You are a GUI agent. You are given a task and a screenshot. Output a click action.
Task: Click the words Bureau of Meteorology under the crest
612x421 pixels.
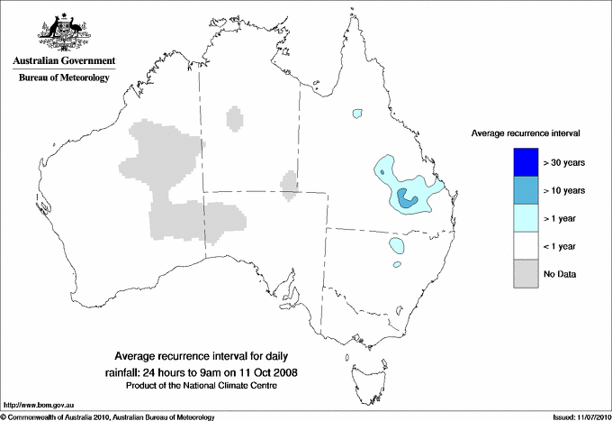64,78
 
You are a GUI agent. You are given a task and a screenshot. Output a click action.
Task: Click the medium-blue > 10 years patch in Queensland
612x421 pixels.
408,200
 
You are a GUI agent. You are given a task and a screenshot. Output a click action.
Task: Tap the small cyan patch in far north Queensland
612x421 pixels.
358,114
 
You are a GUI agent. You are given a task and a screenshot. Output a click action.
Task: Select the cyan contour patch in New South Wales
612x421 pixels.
396,245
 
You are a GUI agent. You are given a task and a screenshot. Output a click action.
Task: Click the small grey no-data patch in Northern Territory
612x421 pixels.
235,118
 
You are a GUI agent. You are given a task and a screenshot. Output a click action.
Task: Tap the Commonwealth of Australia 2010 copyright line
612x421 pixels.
108,416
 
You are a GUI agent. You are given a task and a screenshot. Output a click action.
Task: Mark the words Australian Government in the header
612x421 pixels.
64,60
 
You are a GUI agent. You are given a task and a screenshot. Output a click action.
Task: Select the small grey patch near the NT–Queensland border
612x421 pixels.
290,183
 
